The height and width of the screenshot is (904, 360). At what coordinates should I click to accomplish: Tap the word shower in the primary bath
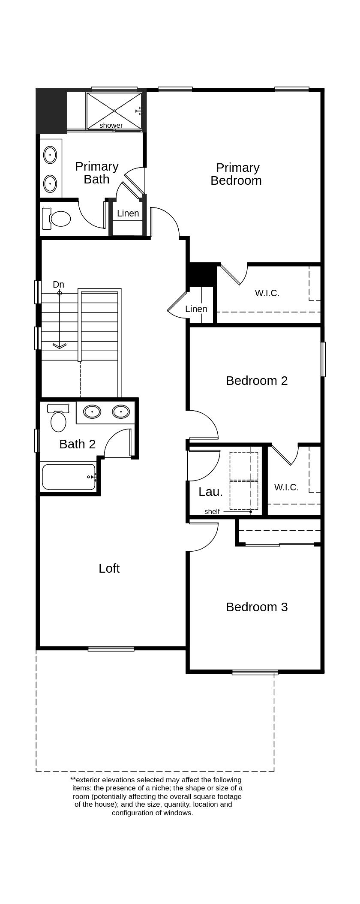click(x=111, y=125)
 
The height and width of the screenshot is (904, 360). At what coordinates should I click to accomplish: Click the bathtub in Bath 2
click(x=68, y=477)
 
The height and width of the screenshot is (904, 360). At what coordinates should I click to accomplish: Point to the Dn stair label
click(x=58, y=284)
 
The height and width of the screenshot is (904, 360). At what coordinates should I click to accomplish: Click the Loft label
click(x=109, y=568)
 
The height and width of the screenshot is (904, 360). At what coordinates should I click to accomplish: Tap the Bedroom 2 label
click(x=257, y=380)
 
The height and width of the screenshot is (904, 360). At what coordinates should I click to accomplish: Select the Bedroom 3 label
click(x=257, y=607)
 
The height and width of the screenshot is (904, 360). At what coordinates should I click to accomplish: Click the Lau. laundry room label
click(x=210, y=492)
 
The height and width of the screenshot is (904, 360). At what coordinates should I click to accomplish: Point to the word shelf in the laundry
click(x=212, y=511)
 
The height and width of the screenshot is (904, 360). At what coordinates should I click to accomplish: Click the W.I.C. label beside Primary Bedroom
click(x=267, y=293)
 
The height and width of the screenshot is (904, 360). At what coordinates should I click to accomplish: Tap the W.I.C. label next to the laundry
click(x=286, y=487)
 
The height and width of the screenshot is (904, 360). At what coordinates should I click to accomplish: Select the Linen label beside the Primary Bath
click(x=128, y=213)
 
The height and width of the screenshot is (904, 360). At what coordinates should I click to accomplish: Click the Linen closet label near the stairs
click(x=196, y=309)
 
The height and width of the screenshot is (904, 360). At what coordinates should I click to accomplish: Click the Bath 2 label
click(x=77, y=444)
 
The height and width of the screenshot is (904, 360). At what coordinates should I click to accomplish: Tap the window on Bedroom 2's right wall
click(x=323, y=359)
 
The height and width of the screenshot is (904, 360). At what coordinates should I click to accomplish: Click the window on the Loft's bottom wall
click(x=111, y=649)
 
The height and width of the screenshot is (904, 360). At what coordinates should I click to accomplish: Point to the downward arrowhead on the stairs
click(x=59, y=345)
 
